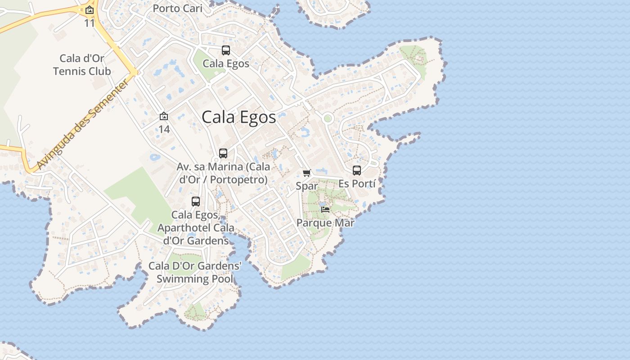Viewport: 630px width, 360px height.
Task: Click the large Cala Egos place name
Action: click(238, 117)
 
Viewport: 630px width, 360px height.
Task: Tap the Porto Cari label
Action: click(177, 9)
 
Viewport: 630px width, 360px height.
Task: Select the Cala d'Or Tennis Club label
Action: click(82, 65)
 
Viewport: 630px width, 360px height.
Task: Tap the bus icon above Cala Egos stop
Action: click(226, 50)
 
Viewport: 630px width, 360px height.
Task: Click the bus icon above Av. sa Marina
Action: click(223, 153)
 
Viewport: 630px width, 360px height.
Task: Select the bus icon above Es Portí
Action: click(357, 171)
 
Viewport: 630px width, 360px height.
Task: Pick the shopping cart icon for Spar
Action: click(307, 173)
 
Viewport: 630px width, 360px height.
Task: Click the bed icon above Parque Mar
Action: click(325, 210)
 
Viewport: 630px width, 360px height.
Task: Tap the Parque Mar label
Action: click(325, 223)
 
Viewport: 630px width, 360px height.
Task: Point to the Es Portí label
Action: click(357, 184)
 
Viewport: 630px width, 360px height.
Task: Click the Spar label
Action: click(307, 186)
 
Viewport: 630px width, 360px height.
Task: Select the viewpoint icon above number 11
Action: click(90, 10)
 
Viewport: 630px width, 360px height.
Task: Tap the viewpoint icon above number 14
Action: click(164, 117)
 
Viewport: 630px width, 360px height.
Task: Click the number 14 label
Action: click(164, 129)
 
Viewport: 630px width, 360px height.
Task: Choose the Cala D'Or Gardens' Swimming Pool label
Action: click(195, 272)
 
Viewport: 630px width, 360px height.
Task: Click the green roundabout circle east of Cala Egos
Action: click(328, 119)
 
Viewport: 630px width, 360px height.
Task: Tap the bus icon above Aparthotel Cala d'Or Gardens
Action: click(196, 202)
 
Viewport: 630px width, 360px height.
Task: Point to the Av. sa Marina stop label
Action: click(223, 173)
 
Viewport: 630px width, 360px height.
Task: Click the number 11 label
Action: click(90, 22)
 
